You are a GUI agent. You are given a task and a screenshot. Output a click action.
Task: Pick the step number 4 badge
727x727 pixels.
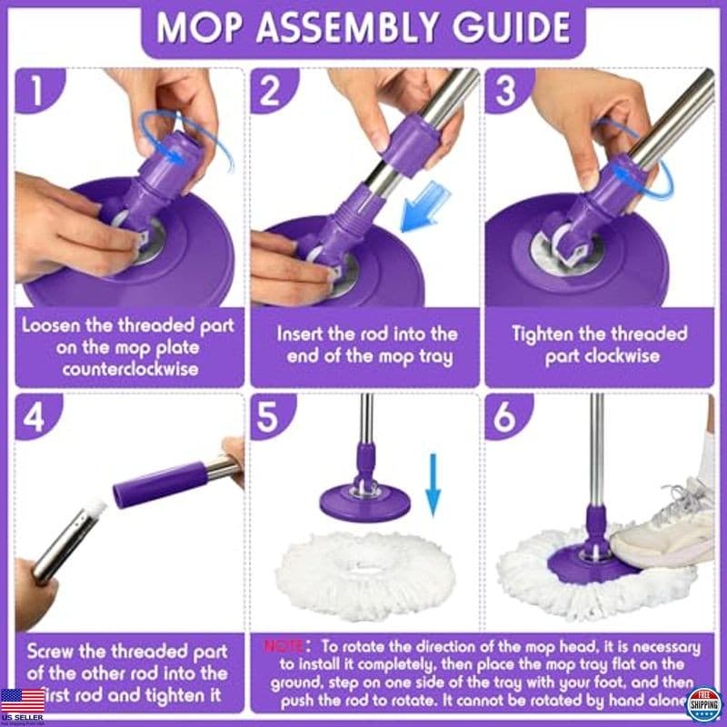(x=37, y=417)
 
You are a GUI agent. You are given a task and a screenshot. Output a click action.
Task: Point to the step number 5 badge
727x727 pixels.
(x=269, y=417)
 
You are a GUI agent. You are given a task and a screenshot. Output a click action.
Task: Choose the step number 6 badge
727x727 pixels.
(x=503, y=417)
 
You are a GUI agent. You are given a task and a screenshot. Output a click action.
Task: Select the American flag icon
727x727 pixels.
(x=23, y=700)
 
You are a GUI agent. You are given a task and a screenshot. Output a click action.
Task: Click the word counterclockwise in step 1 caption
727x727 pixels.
(x=131, y=370)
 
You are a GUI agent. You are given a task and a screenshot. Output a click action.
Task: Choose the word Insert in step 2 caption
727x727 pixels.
(x=301, y=333)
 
